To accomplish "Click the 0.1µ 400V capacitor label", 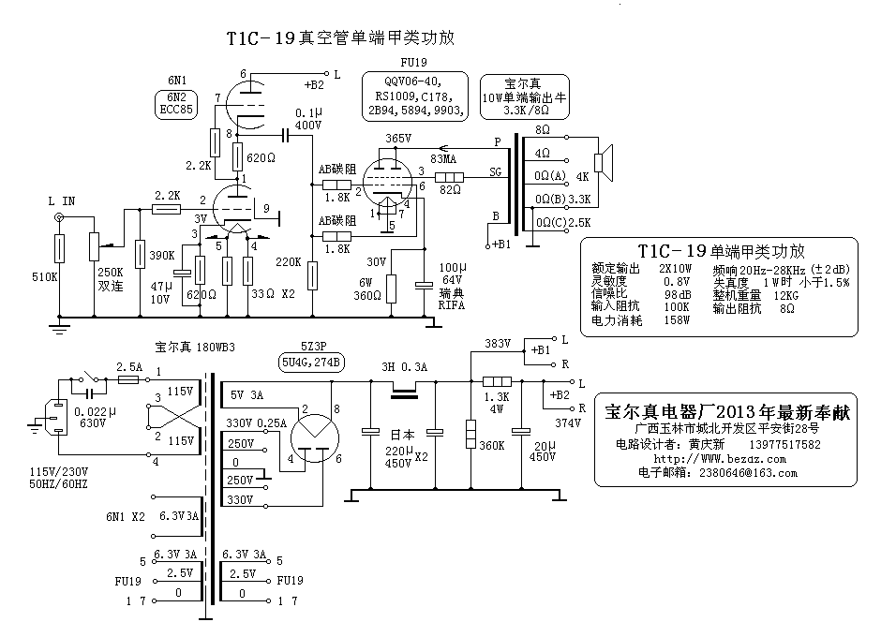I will pyautogui.click(x=308, y=119).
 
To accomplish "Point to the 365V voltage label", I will pyautogui.click(x=398, y=139).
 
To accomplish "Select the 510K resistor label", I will pyautogui.click(x=45, y=277).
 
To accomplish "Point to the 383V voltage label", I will pyautogui.click(x=496, y=344).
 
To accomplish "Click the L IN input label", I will pyautogui.click(x=62, y=200).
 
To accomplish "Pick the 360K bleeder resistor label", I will pyautogui.click(x=491, y=446).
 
